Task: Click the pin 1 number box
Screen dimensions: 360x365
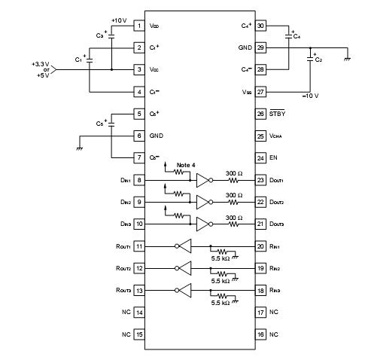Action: point(139,26)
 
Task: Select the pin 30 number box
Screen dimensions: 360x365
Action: point(261,26)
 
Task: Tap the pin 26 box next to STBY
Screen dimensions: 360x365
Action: point(261,114)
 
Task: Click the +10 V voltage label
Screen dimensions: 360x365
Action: point(119,20)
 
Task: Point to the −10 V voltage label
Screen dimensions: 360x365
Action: point(310,96)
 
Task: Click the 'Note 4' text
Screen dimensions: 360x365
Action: point(187,164)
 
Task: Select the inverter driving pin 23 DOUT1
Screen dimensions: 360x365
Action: point(202,181)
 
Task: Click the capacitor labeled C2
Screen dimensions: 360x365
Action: point(312,58)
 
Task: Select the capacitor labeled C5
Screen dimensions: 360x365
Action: point(111,125)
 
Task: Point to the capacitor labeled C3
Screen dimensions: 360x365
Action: point(111,35)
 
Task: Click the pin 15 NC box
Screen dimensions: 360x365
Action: point(139,334)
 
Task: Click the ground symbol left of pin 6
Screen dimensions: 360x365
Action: point(79,148)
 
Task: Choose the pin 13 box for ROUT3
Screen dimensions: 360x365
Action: point(139,290)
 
